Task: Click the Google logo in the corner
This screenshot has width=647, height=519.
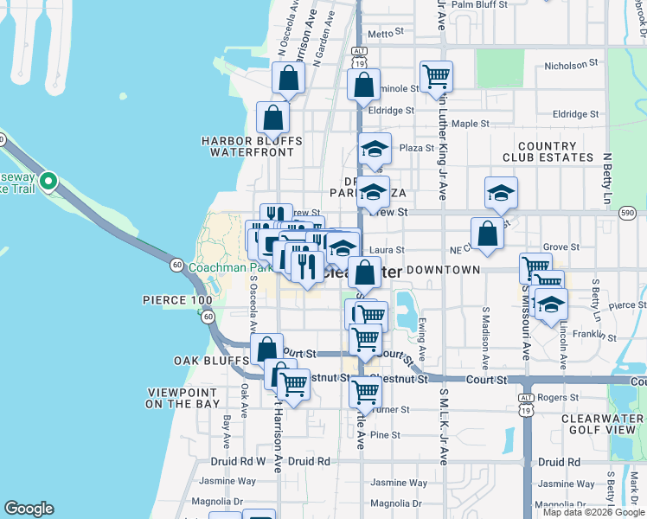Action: click(x=29, y=509)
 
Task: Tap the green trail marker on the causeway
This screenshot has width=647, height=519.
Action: click(x=48, y=182)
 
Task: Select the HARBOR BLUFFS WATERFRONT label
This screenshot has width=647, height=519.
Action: click(x=251, y=146)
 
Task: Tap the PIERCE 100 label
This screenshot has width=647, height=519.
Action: click(x=178, y=299)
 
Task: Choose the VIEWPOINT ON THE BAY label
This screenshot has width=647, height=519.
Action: click(x=183, y=398)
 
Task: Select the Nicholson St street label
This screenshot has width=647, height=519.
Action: click(x=571, y=65)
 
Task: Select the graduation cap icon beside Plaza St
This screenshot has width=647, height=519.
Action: click(x=375, y=149)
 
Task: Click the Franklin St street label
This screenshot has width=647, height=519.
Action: click(x=587, y=333)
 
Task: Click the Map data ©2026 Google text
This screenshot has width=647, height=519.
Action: click(x=594, y=512)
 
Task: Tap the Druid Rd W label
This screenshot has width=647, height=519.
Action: click(x=235, y=461)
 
